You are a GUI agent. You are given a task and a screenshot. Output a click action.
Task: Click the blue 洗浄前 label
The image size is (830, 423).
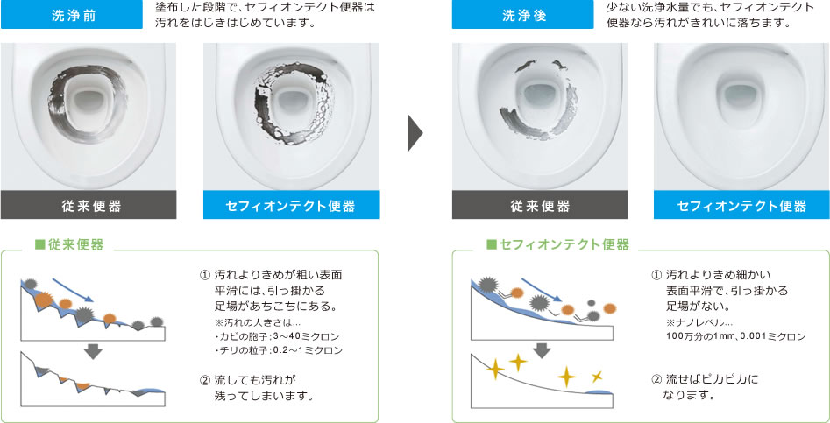click(72, 14)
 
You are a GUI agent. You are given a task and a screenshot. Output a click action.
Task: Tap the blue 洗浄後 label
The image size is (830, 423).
click(522, 14)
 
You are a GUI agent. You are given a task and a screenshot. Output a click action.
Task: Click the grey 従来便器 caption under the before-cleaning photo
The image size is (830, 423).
click(89, 205)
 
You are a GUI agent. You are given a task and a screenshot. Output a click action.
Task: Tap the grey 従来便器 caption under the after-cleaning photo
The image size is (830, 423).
click(540, 205)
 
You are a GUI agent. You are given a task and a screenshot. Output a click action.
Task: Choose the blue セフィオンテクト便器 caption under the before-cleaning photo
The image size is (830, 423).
click(291, 205)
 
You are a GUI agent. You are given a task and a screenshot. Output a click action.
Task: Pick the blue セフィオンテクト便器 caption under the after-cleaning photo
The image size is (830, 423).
click(741, 205)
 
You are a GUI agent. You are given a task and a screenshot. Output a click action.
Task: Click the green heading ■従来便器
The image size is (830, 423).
click(69, 244)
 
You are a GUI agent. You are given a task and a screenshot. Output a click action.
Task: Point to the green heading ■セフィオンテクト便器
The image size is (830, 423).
click(557, 244)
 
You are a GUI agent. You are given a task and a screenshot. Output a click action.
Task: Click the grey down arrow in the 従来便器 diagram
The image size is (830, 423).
click(93, 351)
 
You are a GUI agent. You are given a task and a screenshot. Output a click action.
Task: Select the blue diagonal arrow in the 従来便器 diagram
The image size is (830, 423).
click(74, 289)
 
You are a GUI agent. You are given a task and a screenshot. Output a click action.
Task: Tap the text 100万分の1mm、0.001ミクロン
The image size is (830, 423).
click(735, 336)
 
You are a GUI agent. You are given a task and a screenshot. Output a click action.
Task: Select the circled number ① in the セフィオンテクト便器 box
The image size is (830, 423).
click(656, 275)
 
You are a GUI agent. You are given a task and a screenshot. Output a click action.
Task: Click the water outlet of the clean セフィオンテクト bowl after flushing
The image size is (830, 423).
click(741, 95)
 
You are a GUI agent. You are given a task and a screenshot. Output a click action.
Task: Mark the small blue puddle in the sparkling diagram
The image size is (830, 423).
click(599, 391)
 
